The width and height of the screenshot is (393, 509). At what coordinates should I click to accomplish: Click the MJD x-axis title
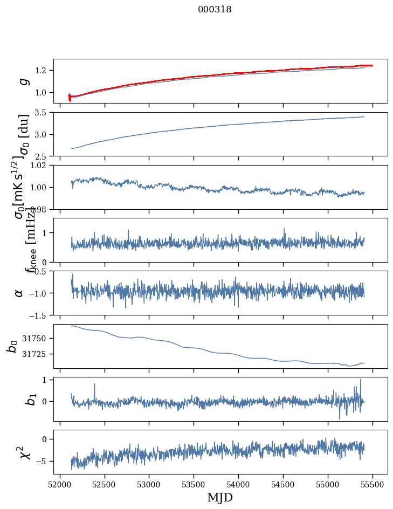[220, 497]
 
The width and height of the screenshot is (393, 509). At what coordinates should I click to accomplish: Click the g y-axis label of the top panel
[23, 81]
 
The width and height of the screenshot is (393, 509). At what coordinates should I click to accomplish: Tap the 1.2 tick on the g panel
[43, 71]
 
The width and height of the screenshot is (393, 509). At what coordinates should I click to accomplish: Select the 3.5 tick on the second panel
[43, 113]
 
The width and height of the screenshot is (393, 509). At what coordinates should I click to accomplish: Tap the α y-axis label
[19, 293]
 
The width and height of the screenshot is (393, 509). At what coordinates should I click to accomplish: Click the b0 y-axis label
[12, 346]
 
